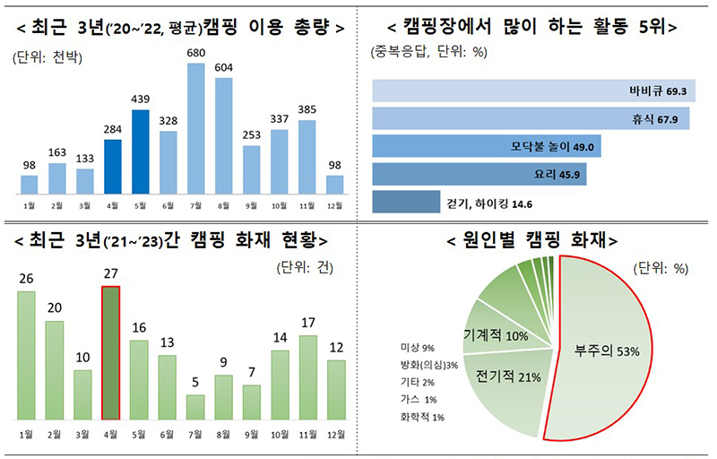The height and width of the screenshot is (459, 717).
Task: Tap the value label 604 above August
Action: [x=224, y=68]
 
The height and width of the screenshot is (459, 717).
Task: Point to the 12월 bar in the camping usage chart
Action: [x=335, y=185]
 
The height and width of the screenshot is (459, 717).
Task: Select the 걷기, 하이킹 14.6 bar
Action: [x=406, y=204]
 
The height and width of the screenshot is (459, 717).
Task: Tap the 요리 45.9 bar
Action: [x=479, y=175]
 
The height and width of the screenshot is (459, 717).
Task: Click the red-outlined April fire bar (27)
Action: [x=111, y=355]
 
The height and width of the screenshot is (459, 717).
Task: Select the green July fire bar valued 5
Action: [x=195, y=407]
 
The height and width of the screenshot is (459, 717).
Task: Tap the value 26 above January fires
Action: [x=27, y=280]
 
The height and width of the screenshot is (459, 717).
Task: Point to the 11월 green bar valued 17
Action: [x=307, y=377]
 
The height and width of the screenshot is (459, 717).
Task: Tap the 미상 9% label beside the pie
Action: [x=417, y=347]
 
